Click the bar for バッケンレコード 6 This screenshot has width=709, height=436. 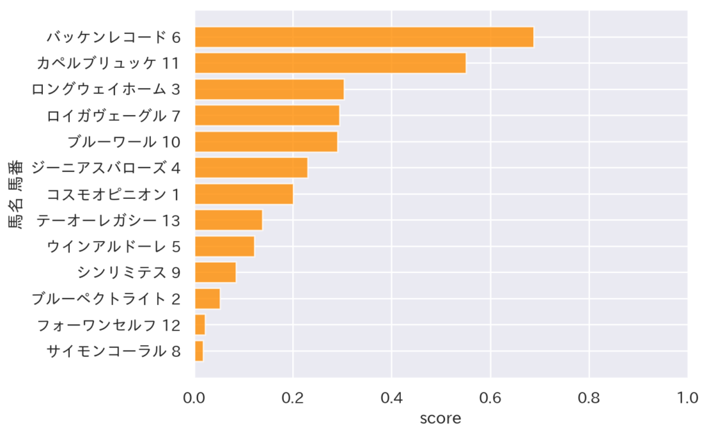click(x=364, y=37)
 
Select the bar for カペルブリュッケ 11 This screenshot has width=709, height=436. click(x=330, y=63)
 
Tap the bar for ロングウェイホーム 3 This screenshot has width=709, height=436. click(x=269, y=89)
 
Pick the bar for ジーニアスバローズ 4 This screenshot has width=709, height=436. click(x=251, y=168)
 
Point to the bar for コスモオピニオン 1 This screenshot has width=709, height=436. click(x=244, y=194)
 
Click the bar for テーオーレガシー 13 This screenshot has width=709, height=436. click(x=228, y=220)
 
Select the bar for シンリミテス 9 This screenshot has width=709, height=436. click(x=215, y=272)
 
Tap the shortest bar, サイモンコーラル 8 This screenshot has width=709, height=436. click(x=199, y=351)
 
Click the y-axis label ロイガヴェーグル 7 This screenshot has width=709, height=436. click(x=114, y=116)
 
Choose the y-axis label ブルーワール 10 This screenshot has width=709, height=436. click(x=124, y=142)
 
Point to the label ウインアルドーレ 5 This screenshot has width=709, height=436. click(x=114, y=246)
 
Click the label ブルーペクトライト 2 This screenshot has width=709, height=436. click(x=106, y=299)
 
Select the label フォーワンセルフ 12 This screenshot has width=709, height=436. click(x=109, y=325)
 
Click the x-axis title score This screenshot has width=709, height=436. click(x=440, y=419)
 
